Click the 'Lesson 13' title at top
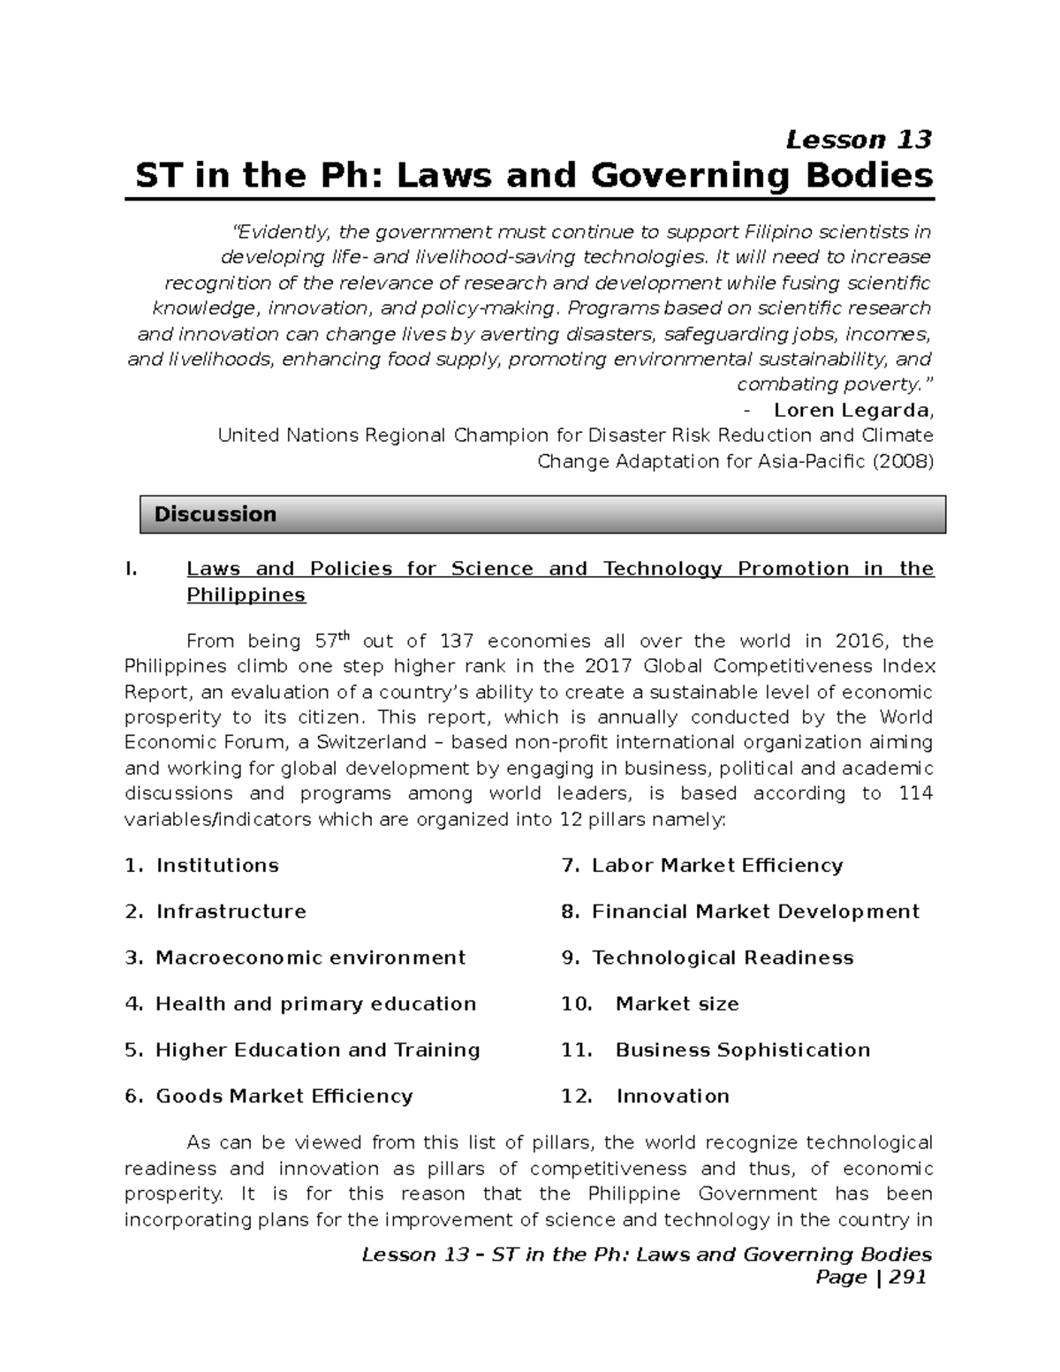pos(859,140)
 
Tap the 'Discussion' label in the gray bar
pos(215,514)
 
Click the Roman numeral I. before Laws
pos(132,569)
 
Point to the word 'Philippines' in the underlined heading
pos(246,595)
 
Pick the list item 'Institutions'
pos(217,866)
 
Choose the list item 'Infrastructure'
pos(231,912)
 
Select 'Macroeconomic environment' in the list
pos(310,958)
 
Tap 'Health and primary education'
pos(315,1004)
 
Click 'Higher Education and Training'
pos(317,1050)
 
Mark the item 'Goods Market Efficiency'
pos(284,1096)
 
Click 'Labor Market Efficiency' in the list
pos(716,866)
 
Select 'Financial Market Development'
pos(755,912)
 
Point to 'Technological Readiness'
pos(722,958)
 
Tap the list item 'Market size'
pos(677,1004)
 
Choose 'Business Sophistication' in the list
pos(742,1050)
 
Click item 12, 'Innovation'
pos(672,1096)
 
